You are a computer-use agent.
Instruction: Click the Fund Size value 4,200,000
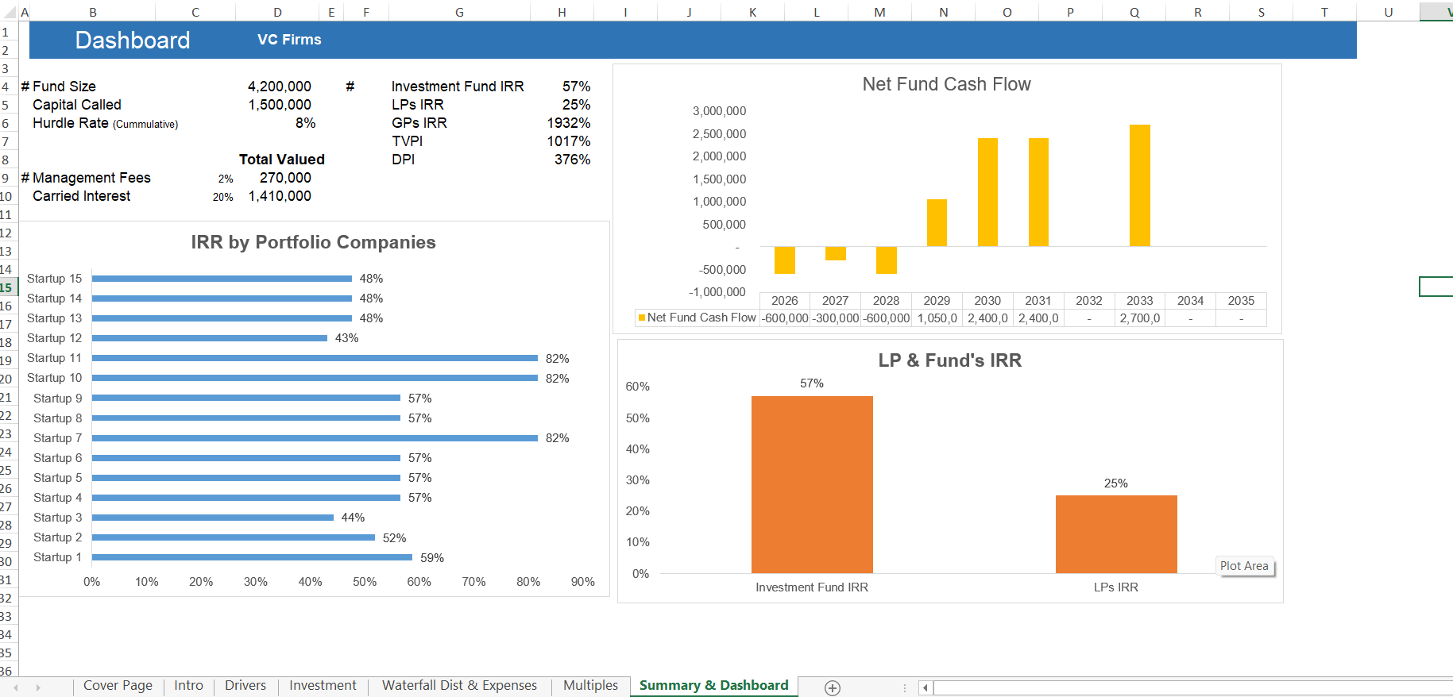pos(279,87)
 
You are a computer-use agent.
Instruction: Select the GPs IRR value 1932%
pos(568,123)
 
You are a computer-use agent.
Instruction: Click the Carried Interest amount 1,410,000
pos(280,196)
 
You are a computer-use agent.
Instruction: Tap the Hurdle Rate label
pos(71,123)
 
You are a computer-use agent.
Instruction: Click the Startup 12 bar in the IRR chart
pos(210,338)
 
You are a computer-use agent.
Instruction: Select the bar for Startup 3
pos(213,518)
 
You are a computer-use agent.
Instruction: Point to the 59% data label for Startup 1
pos(431,558)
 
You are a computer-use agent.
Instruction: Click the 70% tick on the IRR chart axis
pos(473,582)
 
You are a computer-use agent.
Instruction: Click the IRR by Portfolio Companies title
pos(313,242)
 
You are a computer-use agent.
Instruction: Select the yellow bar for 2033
pos(1139,186)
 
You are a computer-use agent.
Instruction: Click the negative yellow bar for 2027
pos(835,253)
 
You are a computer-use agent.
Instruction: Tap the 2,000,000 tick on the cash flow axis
pos(719,156)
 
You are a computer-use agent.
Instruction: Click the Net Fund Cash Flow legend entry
pos(697,318)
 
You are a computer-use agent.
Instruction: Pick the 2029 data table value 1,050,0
pos(937,318)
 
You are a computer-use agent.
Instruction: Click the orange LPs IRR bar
pos(1115,533)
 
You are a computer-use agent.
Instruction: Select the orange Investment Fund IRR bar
pos(811,484)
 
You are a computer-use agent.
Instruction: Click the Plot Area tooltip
pos(1244,566)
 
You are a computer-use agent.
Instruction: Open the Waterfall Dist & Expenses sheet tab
pos(459,686)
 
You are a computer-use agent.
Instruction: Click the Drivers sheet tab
pos(245,686)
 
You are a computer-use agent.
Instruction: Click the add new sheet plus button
pos(832,688)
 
